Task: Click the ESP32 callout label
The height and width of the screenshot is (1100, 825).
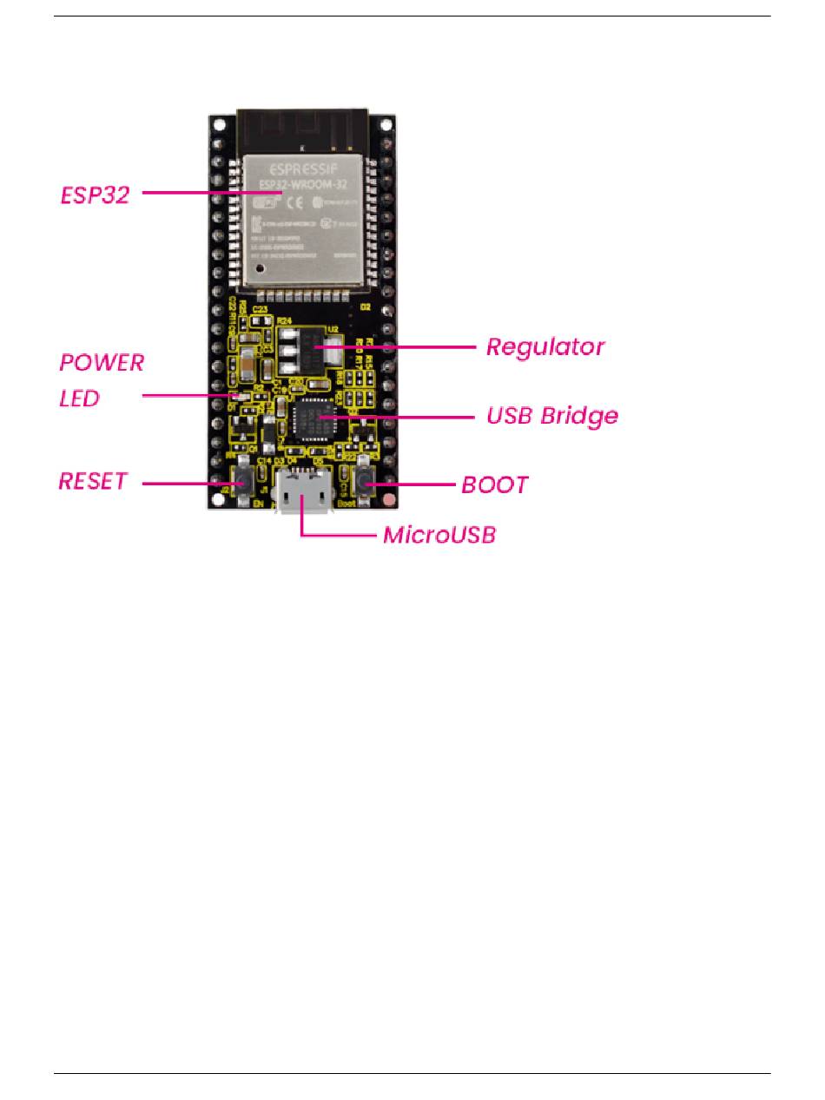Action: pyautogui.click(x=95, y=194)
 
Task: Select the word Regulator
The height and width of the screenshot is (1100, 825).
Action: pyautogui.click(x=545, y=347)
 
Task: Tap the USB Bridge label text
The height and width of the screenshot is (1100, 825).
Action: pyautogui.click(x=552, y=415)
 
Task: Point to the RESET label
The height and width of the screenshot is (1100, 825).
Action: pyautogui.click(x=93, y=481)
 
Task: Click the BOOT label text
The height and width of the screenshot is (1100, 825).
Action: pyautogui.click(x=494, y=484)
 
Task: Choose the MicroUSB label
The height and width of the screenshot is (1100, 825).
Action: pyautogui.click(x=439, y=535)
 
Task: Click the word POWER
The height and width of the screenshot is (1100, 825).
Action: pyautogui.click(x=101, y=363)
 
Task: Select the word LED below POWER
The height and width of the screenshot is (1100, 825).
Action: pyautogui.click(x=79, y=399)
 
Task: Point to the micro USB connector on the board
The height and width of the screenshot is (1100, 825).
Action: pyautogui.click(x=303, y=493)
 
